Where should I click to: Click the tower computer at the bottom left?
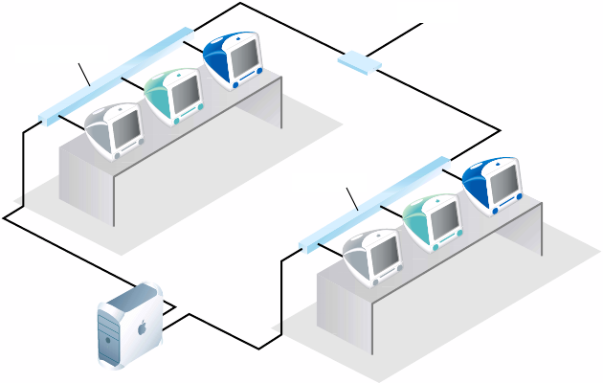(129, 326)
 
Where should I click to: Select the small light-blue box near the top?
(359, 63)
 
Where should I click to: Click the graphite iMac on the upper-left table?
(114, 129)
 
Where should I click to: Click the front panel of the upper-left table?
(86, 182)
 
